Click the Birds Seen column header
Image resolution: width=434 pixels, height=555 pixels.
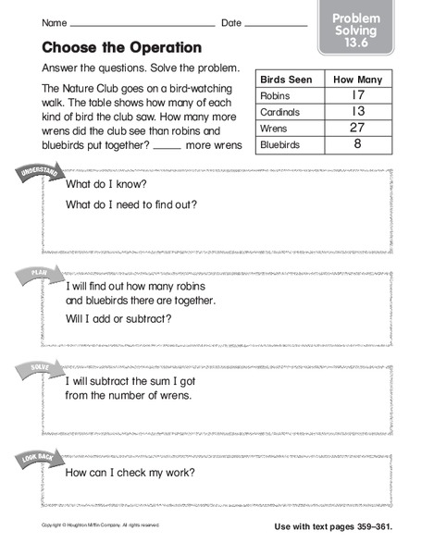click(290, 79)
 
